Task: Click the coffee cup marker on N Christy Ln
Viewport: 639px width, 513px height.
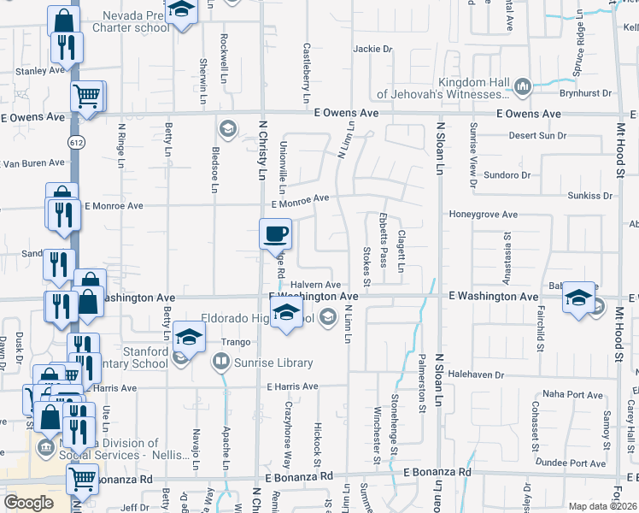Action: point(275,233)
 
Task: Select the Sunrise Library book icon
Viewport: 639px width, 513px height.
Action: point(220,363)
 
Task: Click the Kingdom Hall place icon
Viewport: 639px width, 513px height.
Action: point(520,85)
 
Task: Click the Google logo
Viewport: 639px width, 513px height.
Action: point(29,502)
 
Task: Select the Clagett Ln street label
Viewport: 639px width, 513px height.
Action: point(400,246)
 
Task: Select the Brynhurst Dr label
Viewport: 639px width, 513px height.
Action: point(585,93)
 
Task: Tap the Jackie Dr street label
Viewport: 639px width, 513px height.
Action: point(372,49)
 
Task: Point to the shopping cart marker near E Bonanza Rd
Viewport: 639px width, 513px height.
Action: point(82,481)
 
